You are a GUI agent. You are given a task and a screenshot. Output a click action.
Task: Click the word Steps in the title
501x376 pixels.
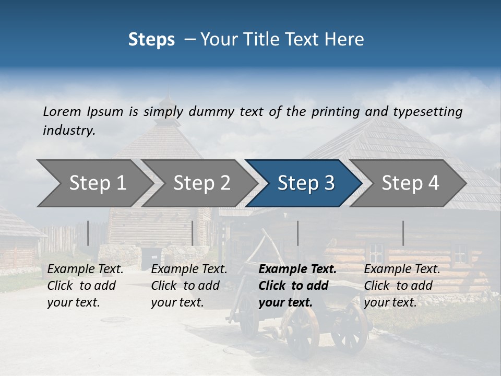[151, 40]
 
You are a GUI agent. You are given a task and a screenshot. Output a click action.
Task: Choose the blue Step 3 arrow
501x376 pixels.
[306, 183]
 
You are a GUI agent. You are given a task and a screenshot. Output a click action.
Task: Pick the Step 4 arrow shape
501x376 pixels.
[410, 183]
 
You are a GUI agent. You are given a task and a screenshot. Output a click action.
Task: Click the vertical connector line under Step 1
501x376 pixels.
[88, 233]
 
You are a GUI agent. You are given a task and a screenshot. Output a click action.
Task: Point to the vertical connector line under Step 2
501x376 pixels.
[193, 233]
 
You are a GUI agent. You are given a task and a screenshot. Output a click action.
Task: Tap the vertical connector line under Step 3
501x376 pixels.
[298, 233]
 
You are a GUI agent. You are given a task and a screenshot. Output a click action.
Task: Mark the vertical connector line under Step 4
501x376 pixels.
[403, 233]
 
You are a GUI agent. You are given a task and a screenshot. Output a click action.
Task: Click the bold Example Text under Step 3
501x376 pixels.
[297, 269]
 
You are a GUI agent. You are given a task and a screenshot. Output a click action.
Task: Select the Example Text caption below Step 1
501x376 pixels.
[86, 269]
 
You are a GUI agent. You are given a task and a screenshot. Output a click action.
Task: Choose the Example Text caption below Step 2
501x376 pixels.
[189, 269]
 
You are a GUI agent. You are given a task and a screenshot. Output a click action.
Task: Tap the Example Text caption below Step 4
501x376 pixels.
[402, 269]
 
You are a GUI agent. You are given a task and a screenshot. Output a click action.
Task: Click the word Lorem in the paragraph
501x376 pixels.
[62, 111]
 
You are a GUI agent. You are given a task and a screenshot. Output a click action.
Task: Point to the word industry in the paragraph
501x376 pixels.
[68, 131]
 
